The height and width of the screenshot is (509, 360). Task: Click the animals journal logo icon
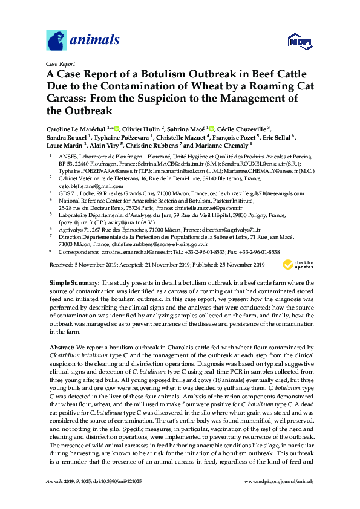coord(56,39)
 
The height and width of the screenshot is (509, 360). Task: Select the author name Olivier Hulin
coord(148,129)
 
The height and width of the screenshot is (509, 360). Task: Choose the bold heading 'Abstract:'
coord(62,349)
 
